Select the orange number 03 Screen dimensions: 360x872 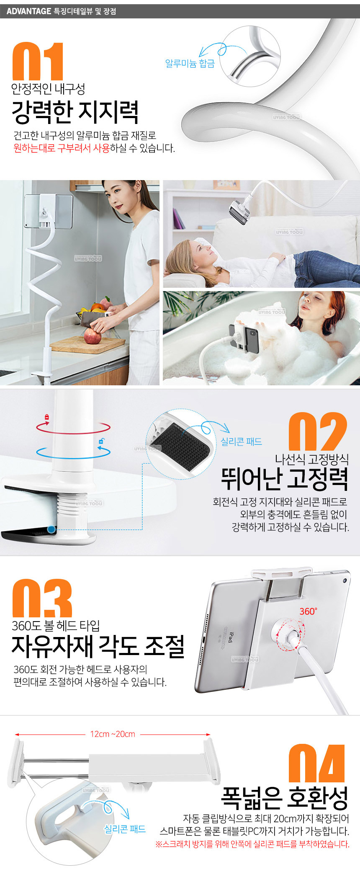tap(42, 598)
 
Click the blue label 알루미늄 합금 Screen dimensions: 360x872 tap(190, 63)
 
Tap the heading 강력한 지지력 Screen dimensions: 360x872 tap(75, 112)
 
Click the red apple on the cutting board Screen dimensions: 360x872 tap(92, 336)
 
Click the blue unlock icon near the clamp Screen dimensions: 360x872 tap(101, 441)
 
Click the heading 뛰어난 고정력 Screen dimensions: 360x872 tap(285, 479)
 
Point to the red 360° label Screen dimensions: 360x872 tap(308, 611)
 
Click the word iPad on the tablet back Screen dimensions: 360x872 tap(230, 637)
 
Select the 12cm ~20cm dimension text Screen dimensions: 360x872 tap(113, 734)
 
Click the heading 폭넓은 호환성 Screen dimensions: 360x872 tap(285, 798)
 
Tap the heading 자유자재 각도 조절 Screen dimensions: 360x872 tap(98, 646)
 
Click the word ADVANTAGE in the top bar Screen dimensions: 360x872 tap(29, 11)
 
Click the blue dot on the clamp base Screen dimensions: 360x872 tap(51, 529)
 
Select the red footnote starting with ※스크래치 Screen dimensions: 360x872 tap(252, 844)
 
